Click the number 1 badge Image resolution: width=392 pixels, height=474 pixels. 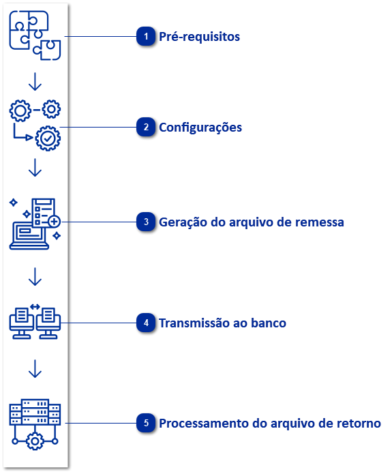[145, 37]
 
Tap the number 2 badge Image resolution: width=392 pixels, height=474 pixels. [145, 128]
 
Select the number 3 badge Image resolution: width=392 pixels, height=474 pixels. [145, 222]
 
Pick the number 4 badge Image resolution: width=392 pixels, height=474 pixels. [145, 323]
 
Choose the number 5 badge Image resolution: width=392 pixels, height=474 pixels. [145, 424]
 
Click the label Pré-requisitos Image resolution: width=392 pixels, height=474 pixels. [199, 37]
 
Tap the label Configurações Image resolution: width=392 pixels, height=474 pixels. [200, 128]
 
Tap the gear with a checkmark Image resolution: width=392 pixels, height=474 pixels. [48, 138]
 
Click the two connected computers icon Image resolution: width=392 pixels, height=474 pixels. [35, 322]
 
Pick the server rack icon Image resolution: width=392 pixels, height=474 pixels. [35, 424]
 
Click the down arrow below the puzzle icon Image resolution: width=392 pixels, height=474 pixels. [35, 82]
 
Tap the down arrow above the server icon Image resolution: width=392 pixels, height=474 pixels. [35, 369]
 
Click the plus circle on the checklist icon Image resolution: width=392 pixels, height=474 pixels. [54, 222]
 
